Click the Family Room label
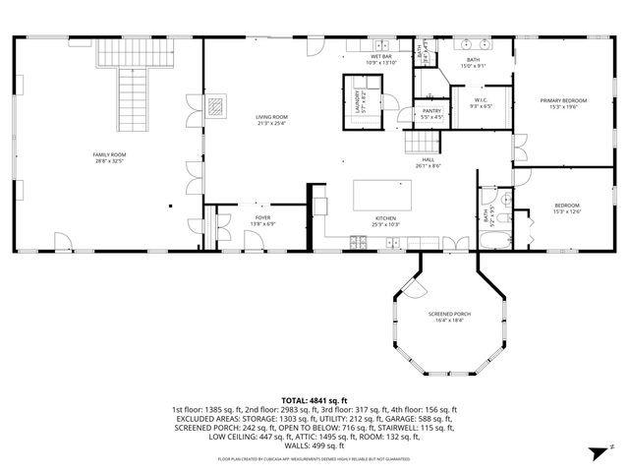(109, 154)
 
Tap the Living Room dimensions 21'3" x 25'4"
(270, 124)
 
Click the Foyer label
(262, 217)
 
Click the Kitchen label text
(384, 217)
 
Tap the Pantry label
(431, 111)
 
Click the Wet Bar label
(379, 58)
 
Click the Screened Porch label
(448, 314)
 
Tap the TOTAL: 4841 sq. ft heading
(314, 400)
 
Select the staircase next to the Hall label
(414, 144)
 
